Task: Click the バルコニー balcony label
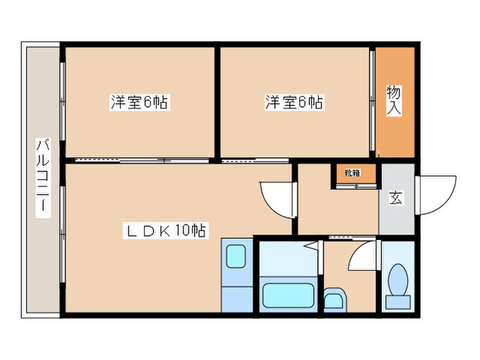(43, 177)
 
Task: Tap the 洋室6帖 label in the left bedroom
(139, 103)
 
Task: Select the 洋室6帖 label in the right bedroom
(294, 103)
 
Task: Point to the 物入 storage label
(394, 99)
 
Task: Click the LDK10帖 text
(164, 230)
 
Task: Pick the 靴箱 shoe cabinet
(355, 174)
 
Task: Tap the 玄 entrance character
(397, 198)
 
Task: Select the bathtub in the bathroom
(288, 297)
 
